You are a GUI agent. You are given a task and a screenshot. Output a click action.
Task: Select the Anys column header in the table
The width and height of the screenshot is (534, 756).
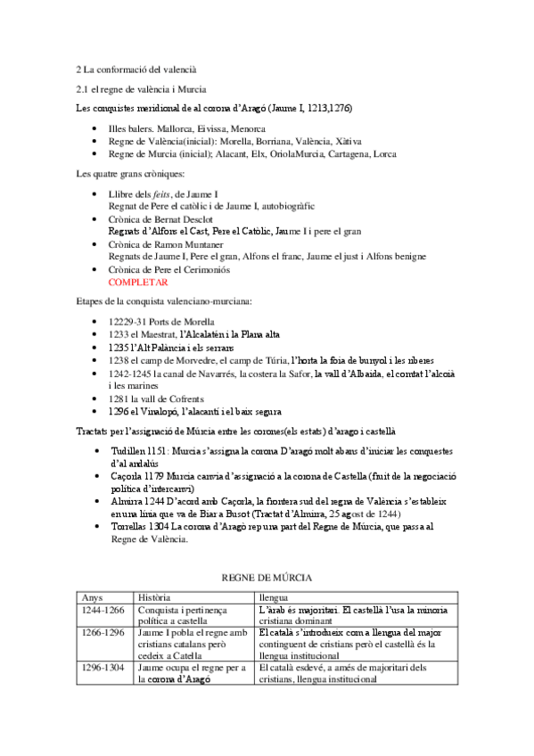(92, 596)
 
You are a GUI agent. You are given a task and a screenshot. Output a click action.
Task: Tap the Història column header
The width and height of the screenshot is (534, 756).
(157, 596)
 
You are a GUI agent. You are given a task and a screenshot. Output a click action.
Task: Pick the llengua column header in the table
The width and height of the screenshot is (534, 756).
(275, 596)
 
